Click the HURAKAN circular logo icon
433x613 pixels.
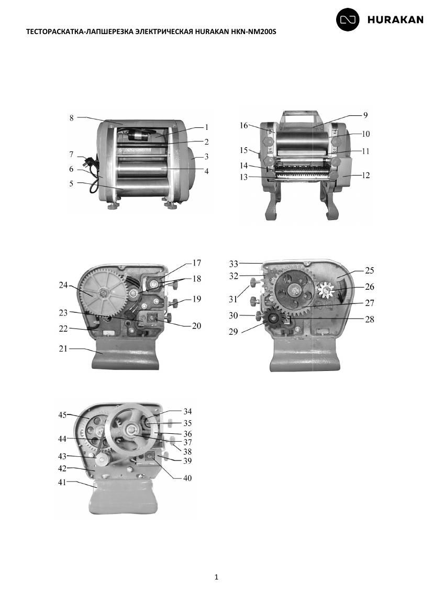[348, 19]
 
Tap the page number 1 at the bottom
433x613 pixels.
[217, 577]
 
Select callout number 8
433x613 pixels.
[72, 118]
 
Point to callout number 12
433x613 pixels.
[365, 175]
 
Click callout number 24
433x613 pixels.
[63, 285]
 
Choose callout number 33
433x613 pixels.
[234, 264]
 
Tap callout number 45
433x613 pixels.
[62, 415]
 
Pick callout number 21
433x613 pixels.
[63, 348]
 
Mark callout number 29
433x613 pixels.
[234, 332]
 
